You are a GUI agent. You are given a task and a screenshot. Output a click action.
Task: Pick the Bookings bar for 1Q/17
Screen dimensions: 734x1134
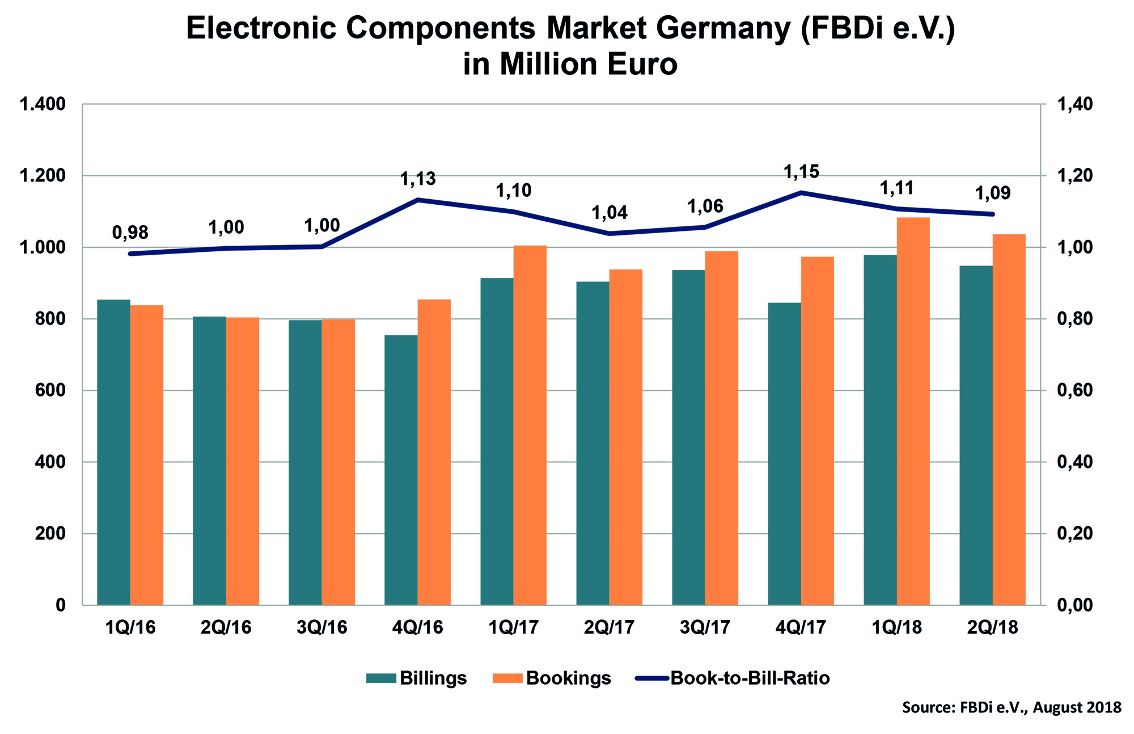click(530, 425)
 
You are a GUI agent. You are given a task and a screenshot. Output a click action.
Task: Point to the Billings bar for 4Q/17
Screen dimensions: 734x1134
click(784, 454)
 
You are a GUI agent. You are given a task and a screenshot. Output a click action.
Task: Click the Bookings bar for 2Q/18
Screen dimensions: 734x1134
click(1009, 420)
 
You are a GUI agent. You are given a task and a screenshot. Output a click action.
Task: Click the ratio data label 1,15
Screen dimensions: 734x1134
click(801, 171)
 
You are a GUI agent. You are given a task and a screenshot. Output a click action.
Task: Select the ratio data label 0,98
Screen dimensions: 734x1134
click(130, 232)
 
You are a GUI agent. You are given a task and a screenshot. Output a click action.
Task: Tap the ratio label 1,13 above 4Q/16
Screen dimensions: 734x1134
click(418, 179)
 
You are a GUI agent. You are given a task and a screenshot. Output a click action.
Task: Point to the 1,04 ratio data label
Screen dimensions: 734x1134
click(610, 213)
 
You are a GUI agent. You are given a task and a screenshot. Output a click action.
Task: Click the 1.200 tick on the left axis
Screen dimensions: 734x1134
click(43, 176)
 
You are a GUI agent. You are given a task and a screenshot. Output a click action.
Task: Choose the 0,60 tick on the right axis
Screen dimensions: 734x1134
click(1074, 390)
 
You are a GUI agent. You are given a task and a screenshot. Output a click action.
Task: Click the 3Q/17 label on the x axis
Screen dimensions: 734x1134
click(705, 627)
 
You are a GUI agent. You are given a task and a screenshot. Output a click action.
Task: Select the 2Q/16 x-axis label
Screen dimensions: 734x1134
click(226, 627)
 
